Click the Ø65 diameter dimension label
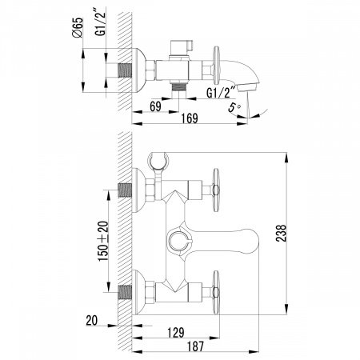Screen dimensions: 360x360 click(x=78, y=27)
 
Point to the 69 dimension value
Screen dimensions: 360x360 click(x=155, y=106)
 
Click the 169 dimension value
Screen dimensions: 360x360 click(x=190, y=118)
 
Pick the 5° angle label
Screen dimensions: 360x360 click(x=234, y=107)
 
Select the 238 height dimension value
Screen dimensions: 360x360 click(x=281, y=234)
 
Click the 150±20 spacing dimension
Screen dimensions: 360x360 click(x=103, y=241)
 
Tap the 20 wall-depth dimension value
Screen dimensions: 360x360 click(x=92, y=320)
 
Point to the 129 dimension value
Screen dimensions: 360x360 click(x=176, y=333)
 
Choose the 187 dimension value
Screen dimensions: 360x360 click(x=195, y=346)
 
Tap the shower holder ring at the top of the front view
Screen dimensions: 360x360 click(x=158, y=161)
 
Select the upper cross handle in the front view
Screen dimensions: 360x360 click(x=216, y=190)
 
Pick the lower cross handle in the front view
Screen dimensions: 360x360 click(x=216, y=293)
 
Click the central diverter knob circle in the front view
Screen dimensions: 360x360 click(x=179, y=240)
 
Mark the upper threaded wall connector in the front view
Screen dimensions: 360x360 click(x=125, y=190)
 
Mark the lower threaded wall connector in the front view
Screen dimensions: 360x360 click(x=125, y=293)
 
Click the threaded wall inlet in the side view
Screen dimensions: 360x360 click(x=125, y=70)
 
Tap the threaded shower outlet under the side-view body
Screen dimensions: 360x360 click(x=178, y=87)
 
